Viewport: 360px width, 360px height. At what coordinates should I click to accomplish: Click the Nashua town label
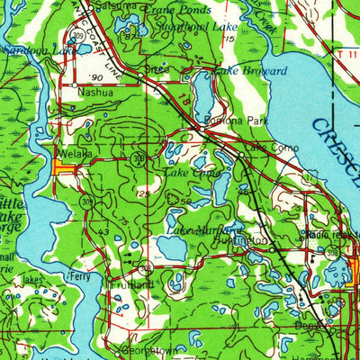96,92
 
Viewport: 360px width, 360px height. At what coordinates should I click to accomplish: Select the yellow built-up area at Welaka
65,166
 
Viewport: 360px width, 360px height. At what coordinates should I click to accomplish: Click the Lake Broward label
249,70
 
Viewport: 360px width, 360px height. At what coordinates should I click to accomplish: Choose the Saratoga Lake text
27,52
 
